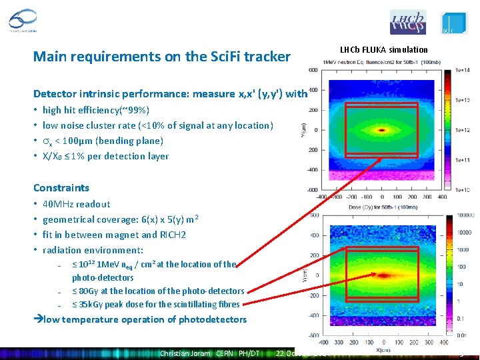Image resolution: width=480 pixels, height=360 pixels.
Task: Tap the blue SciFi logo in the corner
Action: pyautogui.click(x=453, y=23)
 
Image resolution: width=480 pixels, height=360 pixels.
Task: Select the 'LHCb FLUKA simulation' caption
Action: pyautogui.click(x=383, y=49)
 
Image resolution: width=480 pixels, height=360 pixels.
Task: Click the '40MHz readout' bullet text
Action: pyautogui.click(x=76, y=204)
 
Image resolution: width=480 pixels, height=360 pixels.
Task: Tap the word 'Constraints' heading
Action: pyautogui.click(x=61, y=188)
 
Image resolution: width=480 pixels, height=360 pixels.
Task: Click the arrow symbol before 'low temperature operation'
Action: pyautogui.click(x=38, y=319)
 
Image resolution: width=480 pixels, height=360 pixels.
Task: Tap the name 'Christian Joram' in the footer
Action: pyautogui.click(x=185, y=353)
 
